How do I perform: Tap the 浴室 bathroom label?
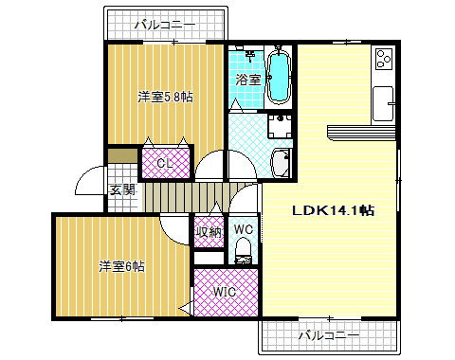coord(248,81)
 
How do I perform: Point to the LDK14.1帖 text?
coord(332,210)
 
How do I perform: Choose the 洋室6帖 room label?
coord(122,266)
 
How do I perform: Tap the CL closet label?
coord(165,163)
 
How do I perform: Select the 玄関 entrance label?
coord(121,190)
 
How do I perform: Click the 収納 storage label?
coord(209,231)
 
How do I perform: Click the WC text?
coord(243,229)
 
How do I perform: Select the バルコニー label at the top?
coord(164,24)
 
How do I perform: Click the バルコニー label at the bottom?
coord(328,335)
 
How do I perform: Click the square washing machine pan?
coord(279,126)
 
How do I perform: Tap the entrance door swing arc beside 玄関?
coord(90,180)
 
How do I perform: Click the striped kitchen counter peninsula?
coord(360,133)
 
